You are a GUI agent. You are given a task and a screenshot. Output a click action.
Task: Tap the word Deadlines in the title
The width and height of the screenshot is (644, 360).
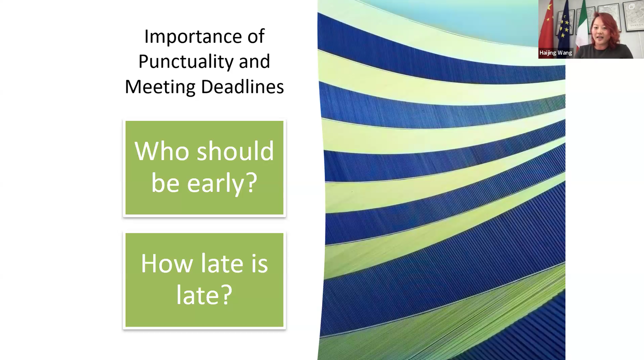pyautogui.click(x=242, y=87)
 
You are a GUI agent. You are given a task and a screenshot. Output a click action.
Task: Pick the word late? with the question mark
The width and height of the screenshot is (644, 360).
pyautogui.click(x=204, y=295)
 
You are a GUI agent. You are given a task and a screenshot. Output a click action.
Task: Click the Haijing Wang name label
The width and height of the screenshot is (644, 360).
pyautogui.click(x=556, y=53)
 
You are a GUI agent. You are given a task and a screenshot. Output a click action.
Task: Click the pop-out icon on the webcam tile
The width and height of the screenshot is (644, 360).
pyautogui.click(x=632, y=6)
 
